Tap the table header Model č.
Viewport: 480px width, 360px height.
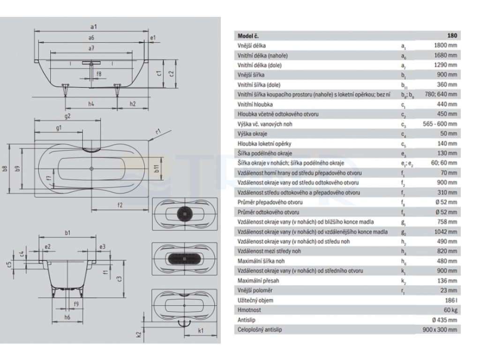tap(248, 36)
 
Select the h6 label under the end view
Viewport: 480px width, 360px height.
tap(67, 317)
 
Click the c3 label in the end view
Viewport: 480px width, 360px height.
tap(120, 279)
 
